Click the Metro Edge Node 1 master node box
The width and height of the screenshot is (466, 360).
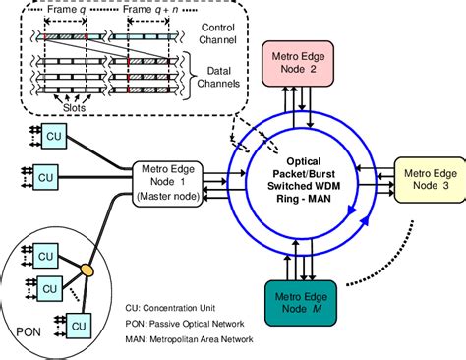point(168,183)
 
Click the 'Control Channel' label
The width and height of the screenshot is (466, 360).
point(216,36)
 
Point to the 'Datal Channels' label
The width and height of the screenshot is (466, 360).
point(216,78)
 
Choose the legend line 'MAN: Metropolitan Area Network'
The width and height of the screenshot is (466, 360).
point(187,339)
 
